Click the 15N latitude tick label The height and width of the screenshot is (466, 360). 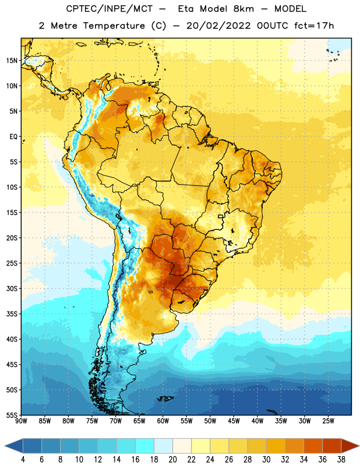12,61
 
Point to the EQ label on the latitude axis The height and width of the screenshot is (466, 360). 13,137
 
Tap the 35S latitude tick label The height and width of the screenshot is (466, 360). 12,314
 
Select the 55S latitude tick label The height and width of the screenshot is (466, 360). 12,415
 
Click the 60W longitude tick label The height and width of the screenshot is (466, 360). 163,421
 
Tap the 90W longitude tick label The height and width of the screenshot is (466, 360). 21,421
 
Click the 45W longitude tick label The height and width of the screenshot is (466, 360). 234,421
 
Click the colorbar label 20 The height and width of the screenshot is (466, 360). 172,460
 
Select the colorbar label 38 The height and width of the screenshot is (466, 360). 341,460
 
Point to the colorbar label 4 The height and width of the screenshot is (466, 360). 23,460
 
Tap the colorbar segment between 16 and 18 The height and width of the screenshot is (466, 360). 145,446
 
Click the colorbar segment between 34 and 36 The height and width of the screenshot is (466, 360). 313,446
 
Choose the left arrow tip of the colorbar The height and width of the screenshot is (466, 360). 5,446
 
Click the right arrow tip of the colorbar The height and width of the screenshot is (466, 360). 359,446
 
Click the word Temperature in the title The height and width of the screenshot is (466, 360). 114,26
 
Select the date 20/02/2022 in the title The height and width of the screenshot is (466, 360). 219,26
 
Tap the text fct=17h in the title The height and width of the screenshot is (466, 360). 314,26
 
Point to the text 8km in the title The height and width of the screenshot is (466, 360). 243,9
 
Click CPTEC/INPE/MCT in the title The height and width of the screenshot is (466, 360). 109,9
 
